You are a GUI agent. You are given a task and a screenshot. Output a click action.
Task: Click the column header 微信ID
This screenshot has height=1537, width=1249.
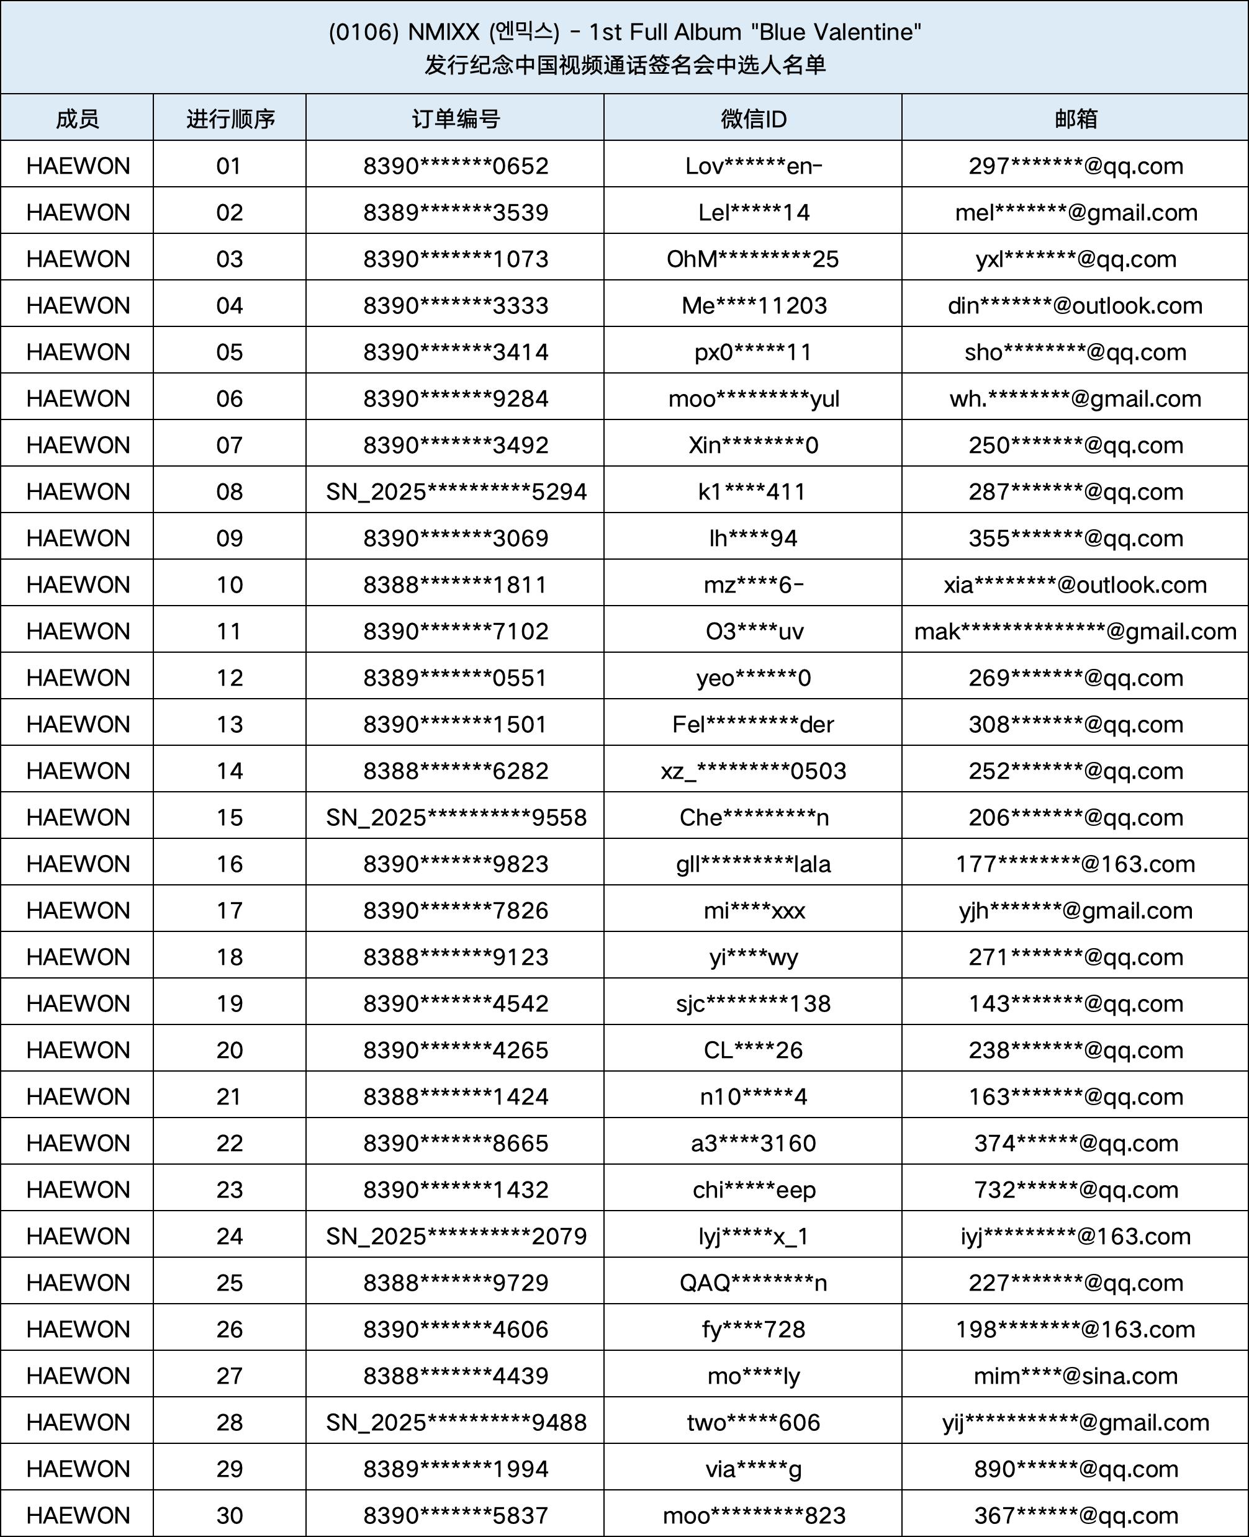pyautogui.click(x=753, y=119)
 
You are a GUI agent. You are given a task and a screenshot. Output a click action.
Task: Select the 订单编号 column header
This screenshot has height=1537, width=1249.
pyautogui.click(x=456, y=119)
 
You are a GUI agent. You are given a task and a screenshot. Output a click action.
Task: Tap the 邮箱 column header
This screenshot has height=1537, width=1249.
pyautogui.click(x=1076, y=119)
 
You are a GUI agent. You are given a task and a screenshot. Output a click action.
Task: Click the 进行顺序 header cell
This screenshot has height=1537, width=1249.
pyautogui.click(x=230, y=119)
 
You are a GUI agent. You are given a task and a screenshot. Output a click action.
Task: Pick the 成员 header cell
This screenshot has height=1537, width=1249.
pyautogui.click(x=77, y=119)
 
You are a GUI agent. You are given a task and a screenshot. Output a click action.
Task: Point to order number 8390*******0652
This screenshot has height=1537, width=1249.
pyautogui.click(x=456, y=166)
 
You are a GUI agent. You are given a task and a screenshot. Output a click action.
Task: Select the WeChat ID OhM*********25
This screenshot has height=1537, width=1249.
pyautogui.click(x=752, y=259)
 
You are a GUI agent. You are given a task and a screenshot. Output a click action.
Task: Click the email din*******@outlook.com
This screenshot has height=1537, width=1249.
pyautogui.click(x=1075, y=306)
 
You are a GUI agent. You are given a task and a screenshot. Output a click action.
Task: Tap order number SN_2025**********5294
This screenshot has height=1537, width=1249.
pyautogui.click(x=456, y=492)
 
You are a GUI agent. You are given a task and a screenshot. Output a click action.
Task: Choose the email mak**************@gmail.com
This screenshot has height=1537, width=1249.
pyautogui.click(x=1075, y=632)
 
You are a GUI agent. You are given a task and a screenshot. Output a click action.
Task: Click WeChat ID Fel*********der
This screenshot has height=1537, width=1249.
pyautogui.click(x=752, y=724)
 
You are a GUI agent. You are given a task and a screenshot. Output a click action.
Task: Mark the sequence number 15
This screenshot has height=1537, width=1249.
pyautogui.click(x=230, y=818)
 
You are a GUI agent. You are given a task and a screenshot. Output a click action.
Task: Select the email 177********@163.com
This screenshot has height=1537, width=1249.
pyautogui.click(x=1075, y=864)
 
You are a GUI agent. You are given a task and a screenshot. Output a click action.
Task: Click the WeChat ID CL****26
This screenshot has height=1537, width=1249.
pyautogui.click(x=752, y=1050)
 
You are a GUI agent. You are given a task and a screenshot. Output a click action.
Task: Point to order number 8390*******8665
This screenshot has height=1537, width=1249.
pyautogui.click(x=456, y=1144)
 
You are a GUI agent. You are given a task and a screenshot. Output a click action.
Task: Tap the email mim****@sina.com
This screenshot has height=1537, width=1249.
pyautogui.click(x=1075, y=1376)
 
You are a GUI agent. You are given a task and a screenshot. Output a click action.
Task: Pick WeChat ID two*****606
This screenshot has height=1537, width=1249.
pyautogui.click(x=752, y=1423)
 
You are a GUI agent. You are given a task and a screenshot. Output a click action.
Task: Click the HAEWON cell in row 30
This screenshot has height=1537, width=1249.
pyautogui.click(x=78, y=1515)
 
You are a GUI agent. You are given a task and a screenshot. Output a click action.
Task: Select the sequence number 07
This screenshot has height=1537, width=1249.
pyautogui.click(x=230, y=445)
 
